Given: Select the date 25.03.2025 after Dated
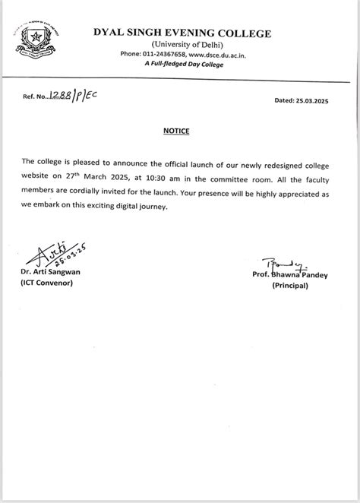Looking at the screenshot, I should [x=312, y=100].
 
